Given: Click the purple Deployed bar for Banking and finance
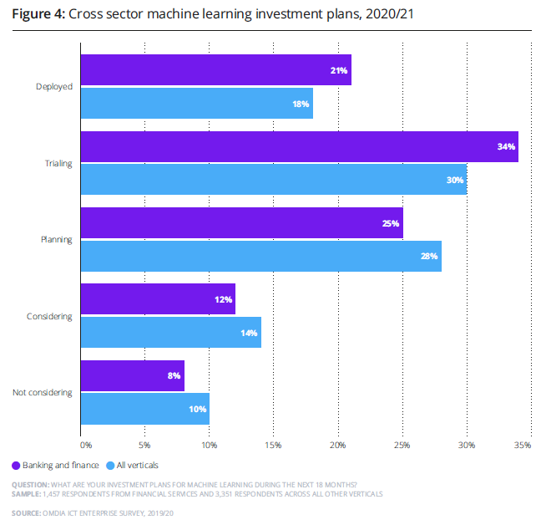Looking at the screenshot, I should (215, 70).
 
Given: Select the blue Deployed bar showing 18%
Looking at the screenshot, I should (196, 103).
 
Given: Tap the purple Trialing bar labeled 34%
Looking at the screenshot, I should (299, 147).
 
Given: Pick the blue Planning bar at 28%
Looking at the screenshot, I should (260, 256).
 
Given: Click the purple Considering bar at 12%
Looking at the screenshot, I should (157, 299).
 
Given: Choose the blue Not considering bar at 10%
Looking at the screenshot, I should (144, 409).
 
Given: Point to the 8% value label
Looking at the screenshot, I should (174, 376).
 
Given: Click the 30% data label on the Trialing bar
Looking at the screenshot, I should (455, 180).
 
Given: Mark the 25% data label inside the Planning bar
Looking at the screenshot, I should (391, 223).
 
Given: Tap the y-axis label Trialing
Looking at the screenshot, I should (58, 163).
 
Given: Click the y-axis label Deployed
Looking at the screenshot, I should (55, 86).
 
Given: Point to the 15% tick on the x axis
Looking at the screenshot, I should (273, 445).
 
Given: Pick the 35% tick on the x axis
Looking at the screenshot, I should (523, 445).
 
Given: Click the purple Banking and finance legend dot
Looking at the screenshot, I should (16, 465).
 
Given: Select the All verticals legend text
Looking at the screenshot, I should (138, 465).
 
